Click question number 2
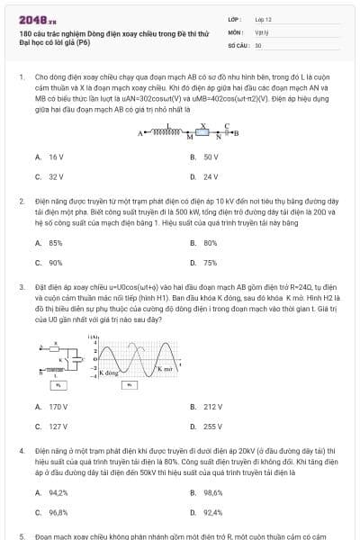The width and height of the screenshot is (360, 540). coord(22,202)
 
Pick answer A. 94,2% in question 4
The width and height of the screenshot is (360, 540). coord(52,492)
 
